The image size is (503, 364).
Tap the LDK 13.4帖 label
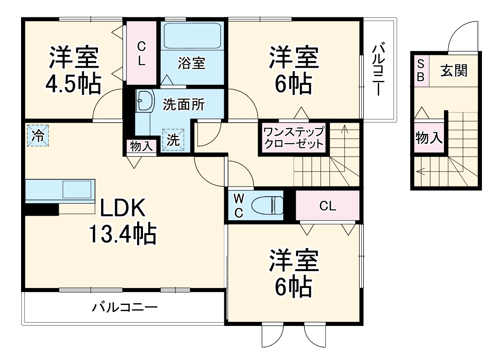pyautogui.click(x=122, y=222)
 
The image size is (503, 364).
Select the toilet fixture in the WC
pyautogui.click(x=268, y=205)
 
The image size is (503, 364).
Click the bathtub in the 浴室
pyautogui.click(x=193, y=37)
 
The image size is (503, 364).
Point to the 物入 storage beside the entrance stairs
pyautogui.click(x=429, y=138)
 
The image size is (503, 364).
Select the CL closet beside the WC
pyautogui.click(x=327, y=206)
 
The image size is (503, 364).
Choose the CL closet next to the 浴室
pyautogui.click(x=141, y=53)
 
